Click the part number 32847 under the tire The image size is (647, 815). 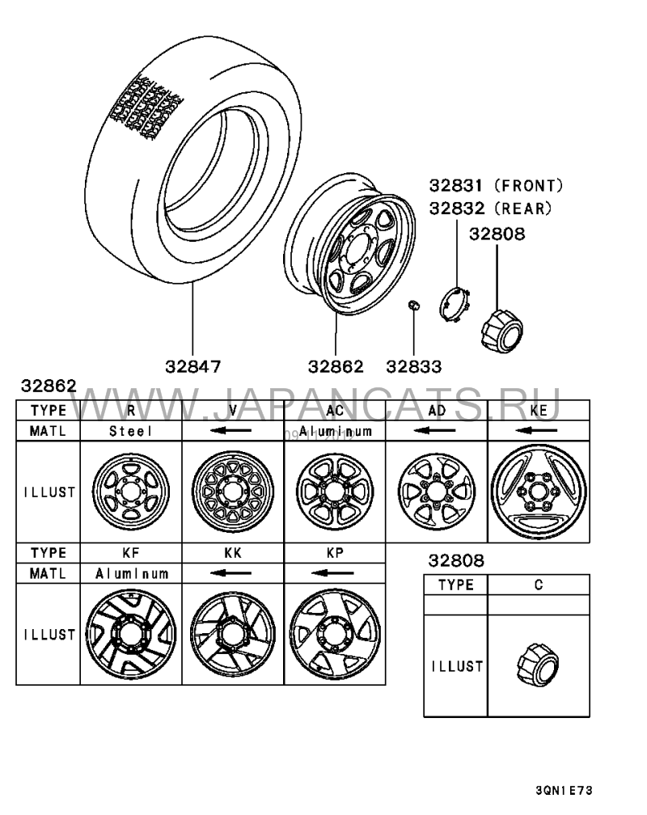193,366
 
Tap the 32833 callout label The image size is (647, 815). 413,366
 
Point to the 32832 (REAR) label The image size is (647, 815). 491,209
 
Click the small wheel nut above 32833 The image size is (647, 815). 412,305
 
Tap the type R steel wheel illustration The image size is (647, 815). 131,492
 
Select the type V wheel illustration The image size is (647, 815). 232,492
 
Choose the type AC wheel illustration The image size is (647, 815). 335,492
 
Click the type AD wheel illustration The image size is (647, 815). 437,492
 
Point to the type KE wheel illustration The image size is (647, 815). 539,492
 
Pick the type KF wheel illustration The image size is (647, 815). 131,635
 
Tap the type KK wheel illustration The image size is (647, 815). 232,635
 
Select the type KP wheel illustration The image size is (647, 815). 334,635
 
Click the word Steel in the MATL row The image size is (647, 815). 131,432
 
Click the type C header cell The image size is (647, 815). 539,585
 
